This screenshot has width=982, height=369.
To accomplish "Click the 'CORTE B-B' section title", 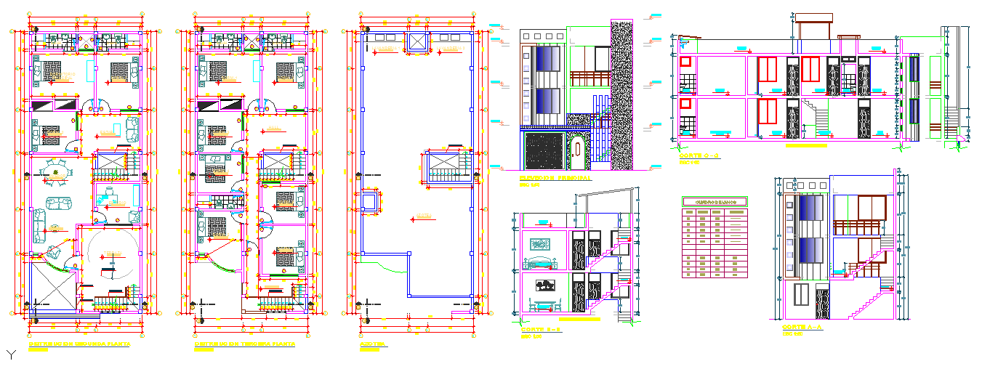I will [537, 330].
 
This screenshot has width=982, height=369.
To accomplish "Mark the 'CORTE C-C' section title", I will [699, 156].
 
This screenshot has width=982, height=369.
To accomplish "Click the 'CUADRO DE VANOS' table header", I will [715, 202].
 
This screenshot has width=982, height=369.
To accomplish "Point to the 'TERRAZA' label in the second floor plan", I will [111, 253].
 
